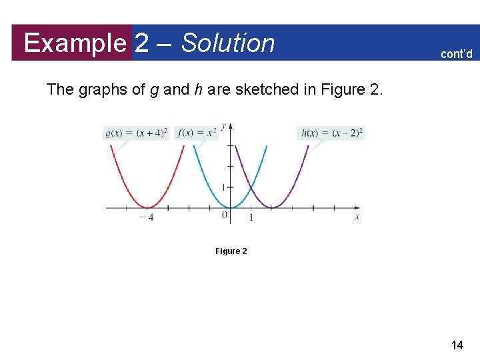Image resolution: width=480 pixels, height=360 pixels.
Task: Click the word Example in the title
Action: click(x=75, y=43)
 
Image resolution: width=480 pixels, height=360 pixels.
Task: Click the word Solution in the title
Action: click(x=228, y=43)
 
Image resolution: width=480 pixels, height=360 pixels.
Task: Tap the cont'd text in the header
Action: click(x=456, y=54)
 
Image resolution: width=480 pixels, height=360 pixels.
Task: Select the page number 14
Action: click(x=457, y=345)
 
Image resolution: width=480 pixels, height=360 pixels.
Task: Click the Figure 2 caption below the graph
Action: click(x=231, y=251)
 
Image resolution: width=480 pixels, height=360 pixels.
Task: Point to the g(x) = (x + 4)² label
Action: click(x=137, y=133)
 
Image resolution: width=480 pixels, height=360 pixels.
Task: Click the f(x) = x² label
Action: click(x=197, y=133)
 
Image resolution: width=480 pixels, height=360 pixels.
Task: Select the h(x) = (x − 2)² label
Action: click(x=331, y=133)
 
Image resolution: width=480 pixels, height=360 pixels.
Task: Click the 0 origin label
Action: click(x=225, y=215)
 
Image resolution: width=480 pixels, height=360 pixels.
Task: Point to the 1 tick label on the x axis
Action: click(x=251, y=217)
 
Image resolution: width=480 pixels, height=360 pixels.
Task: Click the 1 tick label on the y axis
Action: click(x=223, y=187)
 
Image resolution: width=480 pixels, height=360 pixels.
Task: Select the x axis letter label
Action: click(x=357, y=217)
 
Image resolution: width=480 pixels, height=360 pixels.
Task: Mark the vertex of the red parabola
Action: click(x=148, y=208)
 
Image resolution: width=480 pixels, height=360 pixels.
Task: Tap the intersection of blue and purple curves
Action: click(x=251, y=187)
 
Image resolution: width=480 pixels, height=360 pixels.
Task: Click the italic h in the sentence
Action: click(x=198, y=90)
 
